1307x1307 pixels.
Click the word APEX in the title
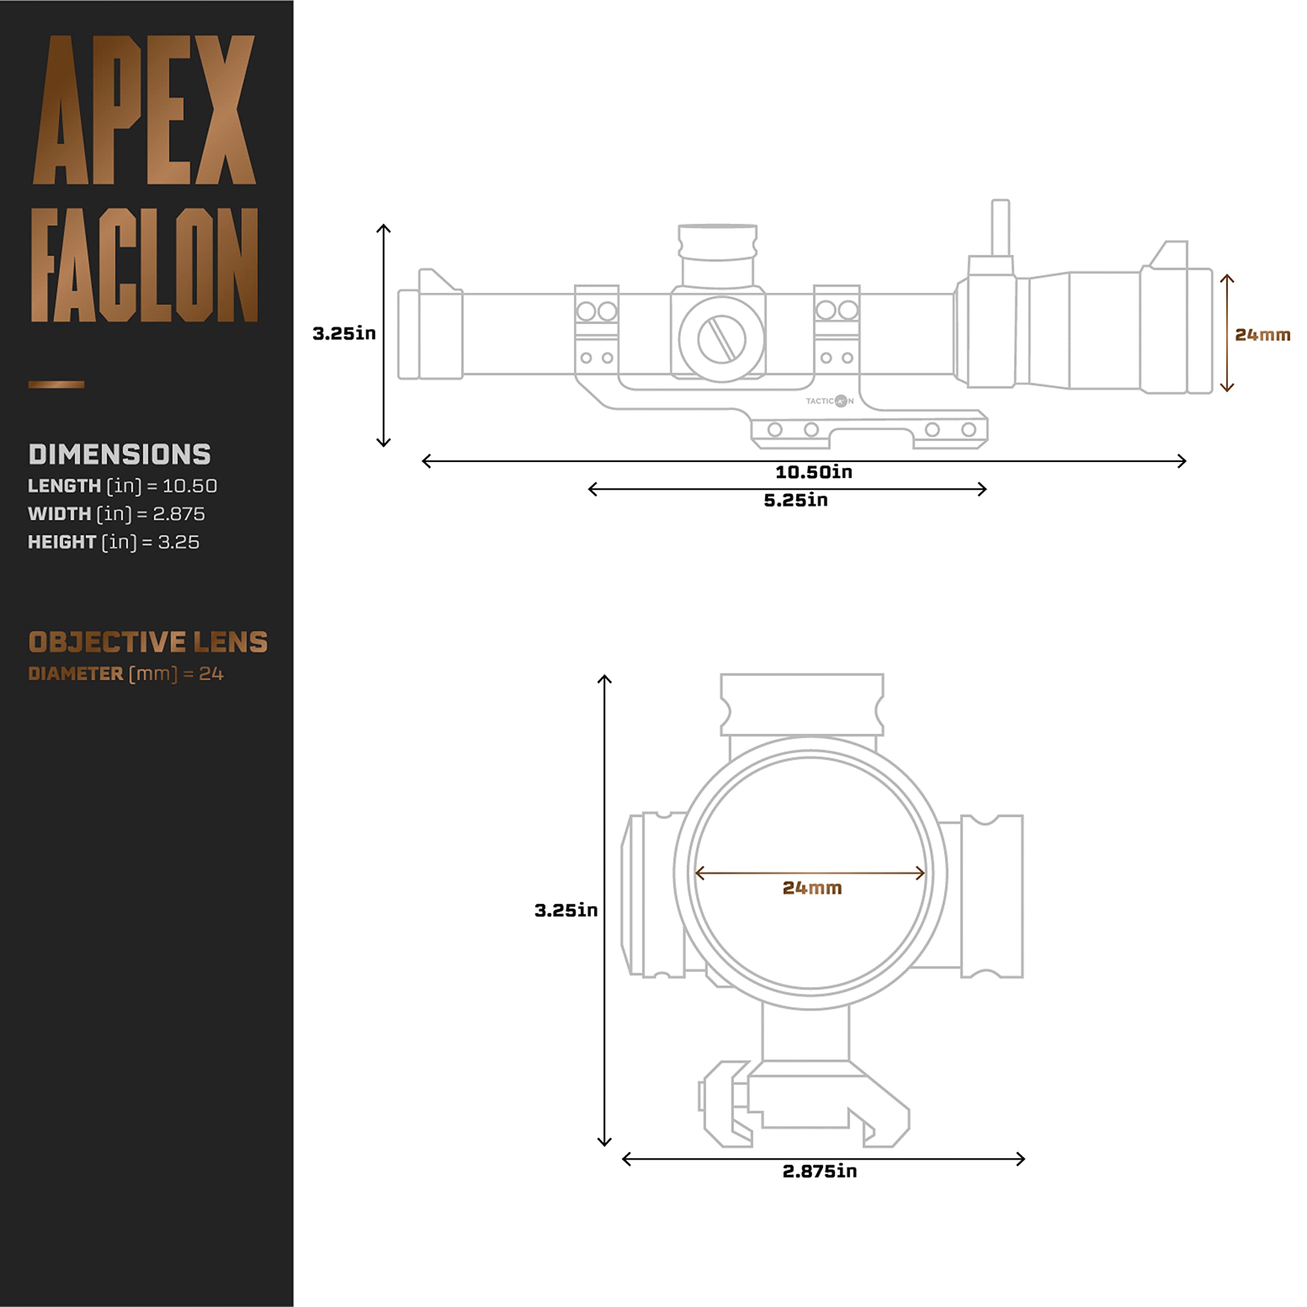tap(144, 110)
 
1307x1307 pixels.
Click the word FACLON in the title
tap(144, 265)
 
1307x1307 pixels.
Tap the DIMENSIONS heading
tap(119, 454)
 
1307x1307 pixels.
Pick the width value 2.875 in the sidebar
tap(179, 514)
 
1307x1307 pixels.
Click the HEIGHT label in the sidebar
tap(62, 543)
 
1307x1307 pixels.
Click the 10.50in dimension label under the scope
tap(813, 472)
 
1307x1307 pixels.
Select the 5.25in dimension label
tap(795, 501)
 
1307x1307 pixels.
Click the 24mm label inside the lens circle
tap(812, 888)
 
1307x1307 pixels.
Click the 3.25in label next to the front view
tap(566, 911)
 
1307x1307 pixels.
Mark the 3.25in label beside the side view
tap(344, 333)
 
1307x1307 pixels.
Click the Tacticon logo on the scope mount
tap(830, 401)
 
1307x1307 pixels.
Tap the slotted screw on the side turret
tap(721, 339)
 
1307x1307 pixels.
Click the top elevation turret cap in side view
tap(717, 242)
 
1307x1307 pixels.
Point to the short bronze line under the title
tap(56, 385)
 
